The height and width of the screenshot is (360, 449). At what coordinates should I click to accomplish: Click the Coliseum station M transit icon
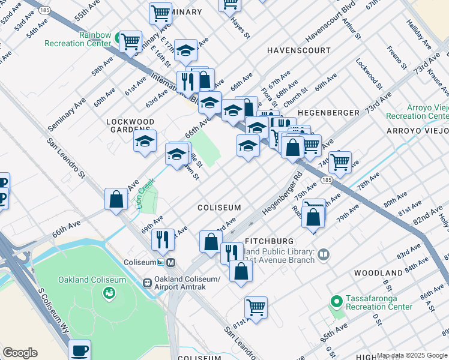(171, 262)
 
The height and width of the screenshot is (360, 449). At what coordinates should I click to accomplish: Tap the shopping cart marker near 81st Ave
(256, 308)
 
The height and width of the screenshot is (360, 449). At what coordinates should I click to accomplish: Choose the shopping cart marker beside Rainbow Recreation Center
(130, 42)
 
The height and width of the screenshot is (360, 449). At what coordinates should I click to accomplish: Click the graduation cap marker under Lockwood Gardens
(145, 142)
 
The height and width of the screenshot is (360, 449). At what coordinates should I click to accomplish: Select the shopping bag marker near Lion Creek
(116, 199)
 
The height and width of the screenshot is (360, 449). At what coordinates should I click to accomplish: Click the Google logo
(20, 353)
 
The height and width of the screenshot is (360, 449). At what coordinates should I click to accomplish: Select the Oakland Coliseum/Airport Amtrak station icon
(147, 283)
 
